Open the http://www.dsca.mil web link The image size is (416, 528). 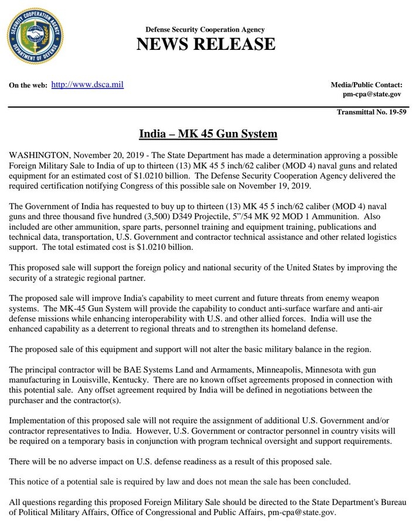(87, 84)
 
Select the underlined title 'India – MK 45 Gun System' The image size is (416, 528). (207, 134)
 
